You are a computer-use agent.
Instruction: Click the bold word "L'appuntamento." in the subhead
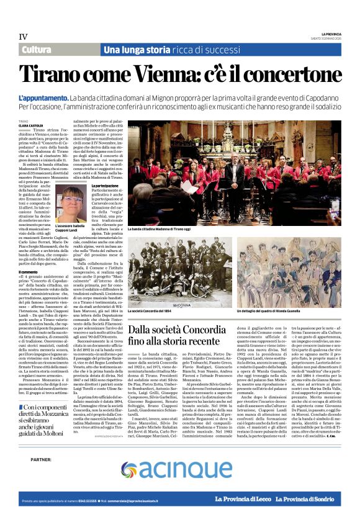pos(43,98)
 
